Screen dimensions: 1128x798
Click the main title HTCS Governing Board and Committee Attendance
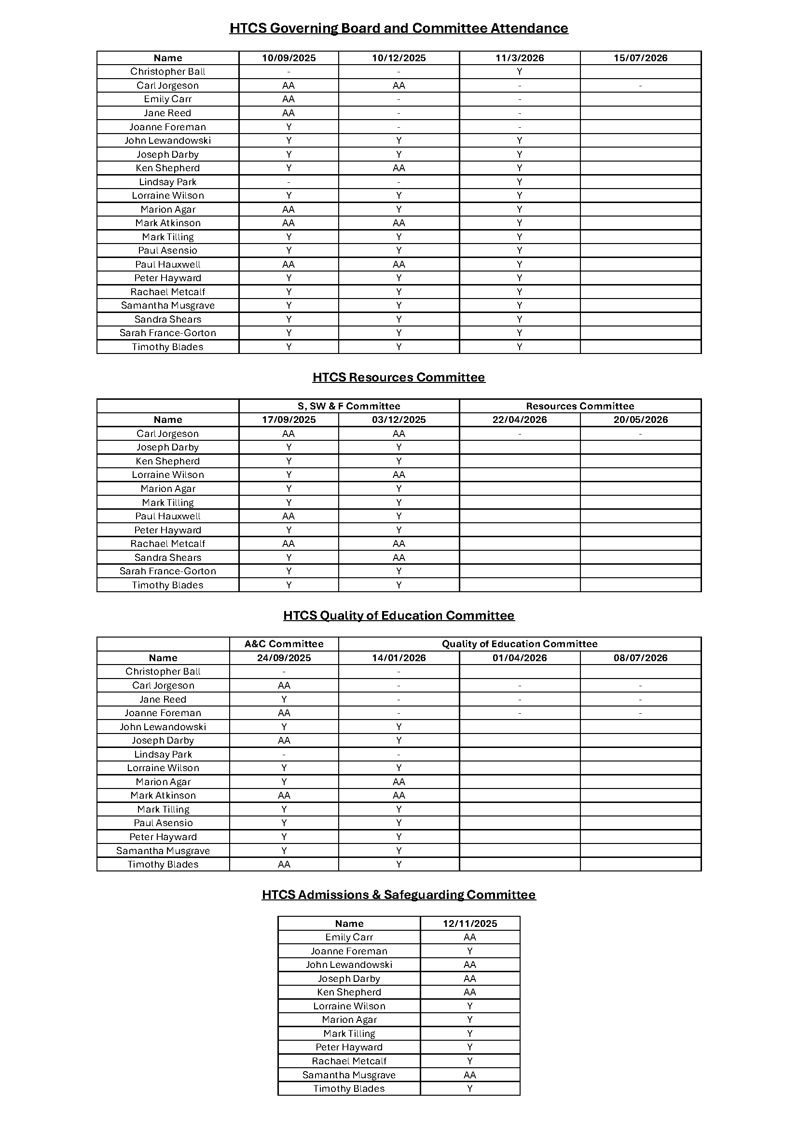(x=399, y=28)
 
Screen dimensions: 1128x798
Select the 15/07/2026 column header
(x=640, y=58)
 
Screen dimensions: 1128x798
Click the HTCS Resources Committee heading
(x=399, y=377)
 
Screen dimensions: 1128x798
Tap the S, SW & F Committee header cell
(x=349, y=406)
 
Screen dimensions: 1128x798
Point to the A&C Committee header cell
(x=284, y=644)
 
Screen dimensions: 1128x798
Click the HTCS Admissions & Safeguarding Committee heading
(x=399, y=895)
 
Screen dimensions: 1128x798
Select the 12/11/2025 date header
(x=470, y=924)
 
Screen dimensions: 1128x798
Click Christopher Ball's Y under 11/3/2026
(x=520, y=72)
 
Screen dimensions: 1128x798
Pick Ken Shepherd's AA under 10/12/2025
(x=399, y=168)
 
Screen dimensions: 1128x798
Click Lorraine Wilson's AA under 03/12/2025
(x=399, y=475)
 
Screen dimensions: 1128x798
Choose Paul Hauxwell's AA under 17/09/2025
(x=289, y=516)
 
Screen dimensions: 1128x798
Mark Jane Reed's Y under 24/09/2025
(x=284, y=700)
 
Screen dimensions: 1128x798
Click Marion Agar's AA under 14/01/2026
(x=399, y=782)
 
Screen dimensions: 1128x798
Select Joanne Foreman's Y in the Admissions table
(x=470, y=951)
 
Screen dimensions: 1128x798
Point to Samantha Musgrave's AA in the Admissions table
(x=470, y=1075)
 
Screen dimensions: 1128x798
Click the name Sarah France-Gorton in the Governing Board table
(x=167, y=333)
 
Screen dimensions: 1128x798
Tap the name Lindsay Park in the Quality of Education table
(x=163, y=755)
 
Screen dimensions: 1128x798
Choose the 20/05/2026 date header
(x=640, y=420)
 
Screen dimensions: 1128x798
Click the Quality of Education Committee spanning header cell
(x=520, y=644)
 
